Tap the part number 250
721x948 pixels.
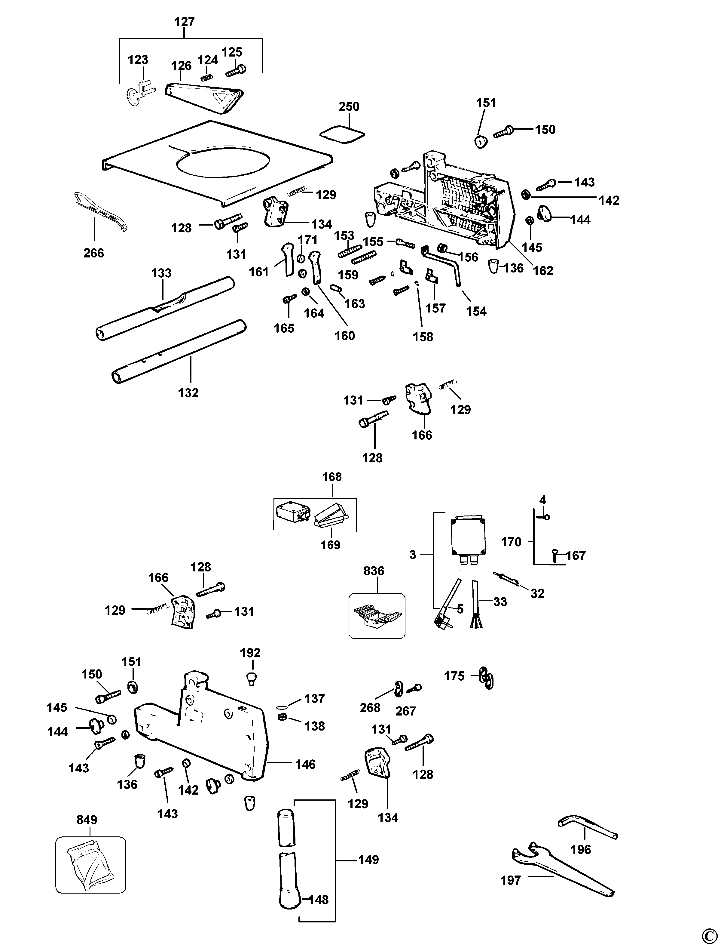(349, 106)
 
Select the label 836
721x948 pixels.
(374, 571)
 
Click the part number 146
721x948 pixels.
(305, 764)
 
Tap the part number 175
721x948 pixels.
(454, 676)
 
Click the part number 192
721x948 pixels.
(250, 653)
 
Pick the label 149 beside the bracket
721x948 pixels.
(369, 860)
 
